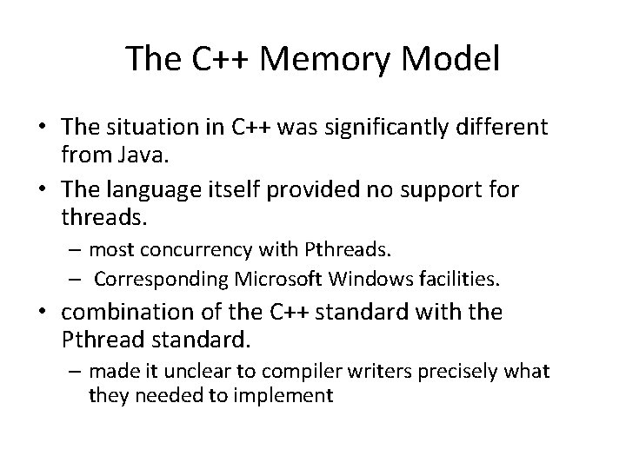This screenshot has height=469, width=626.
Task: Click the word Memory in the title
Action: [336, 59]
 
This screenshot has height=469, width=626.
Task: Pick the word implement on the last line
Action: [291, 396]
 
